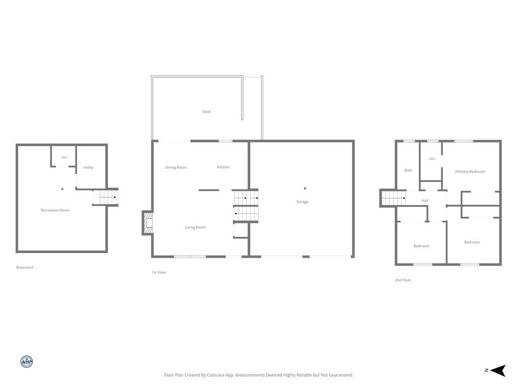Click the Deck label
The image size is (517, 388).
pyautogui.click(x=206, y=112)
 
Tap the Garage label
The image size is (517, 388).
pyautogui.click(x=302, y=202)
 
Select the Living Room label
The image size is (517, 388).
pyautogui.click(x=195, y=227)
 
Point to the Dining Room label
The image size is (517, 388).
pyautogui.click(x=176, y=168)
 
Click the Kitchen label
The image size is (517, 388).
pyautogui.click(x=223, y=167)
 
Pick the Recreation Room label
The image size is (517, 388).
pyautogui.click(x=55, y=210)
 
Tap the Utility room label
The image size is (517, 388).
pyautogui.click(x=88, y=168)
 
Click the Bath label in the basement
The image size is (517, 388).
pyautogui.click(x=64, y=158)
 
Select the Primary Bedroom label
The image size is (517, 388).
pyautogui.click(x=470, y=172)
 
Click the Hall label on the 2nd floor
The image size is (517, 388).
pyautogui.click(x=425, y=201)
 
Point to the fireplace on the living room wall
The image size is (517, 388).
pyautogui.click(x=148, y=223)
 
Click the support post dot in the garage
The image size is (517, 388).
pyautogui.click(x=305, y=188)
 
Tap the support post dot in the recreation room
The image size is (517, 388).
pyautogui.click(x=62, y=189)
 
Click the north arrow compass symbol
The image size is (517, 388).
pyautogui.click(x=498, y=370)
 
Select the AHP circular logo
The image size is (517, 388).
pyautogui.click(x=27, y=362)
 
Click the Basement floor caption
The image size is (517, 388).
pyautogui.click(x=25, y=268)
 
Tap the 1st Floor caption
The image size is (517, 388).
pyautogui.click(x=159, y=272)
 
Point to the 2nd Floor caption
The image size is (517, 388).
pyautogui.click(x=403, y=280)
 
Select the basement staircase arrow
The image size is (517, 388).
pyautogui.click(x=108, y=198)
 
